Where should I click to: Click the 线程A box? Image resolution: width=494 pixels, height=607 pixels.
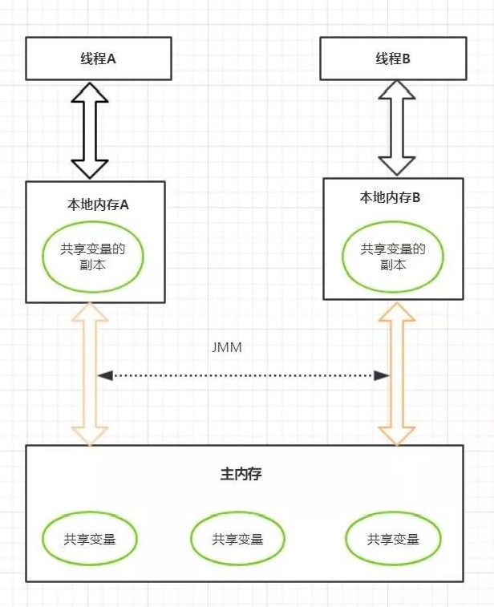point(98,59)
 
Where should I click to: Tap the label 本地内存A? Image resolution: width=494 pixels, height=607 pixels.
point(98,204)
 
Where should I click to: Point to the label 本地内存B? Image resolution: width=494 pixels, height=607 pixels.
point(391,197)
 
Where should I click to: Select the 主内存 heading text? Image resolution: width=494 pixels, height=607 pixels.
point(241,474)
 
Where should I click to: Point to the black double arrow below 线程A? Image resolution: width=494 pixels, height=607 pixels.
point(90,130)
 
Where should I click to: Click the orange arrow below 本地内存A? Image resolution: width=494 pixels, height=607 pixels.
point(90,374)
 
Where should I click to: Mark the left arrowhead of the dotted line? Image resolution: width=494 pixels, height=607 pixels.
point(104,375)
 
